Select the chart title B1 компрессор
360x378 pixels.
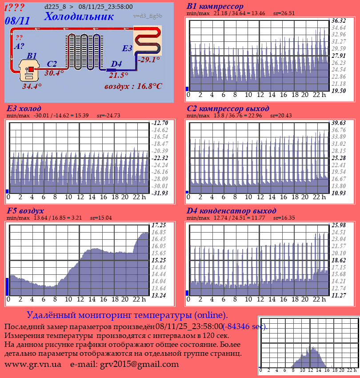215,7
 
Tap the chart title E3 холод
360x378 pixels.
24,109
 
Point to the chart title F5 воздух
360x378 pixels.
25,210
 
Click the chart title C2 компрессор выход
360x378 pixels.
228,109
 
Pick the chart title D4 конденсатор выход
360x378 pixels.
231,210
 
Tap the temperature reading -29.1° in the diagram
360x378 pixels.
148,59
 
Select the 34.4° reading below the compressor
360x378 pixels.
32,86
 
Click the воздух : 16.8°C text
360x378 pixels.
133,86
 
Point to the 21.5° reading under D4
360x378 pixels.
118,75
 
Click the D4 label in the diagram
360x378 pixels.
116,64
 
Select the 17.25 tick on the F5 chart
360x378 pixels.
159,225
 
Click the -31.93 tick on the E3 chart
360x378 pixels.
159,193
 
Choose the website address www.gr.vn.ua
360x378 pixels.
33,364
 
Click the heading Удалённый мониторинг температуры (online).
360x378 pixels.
127,315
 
